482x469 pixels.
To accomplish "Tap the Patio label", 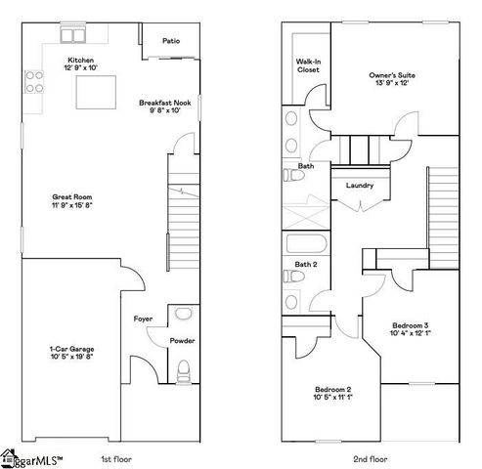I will pos(171,41).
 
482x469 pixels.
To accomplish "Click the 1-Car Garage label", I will pos(72,353).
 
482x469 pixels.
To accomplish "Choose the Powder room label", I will pos(182,341).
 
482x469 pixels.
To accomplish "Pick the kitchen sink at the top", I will pos(73,36).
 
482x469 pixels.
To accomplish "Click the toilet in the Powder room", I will pos(183,370).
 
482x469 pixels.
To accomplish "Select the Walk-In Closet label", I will pos(308,65).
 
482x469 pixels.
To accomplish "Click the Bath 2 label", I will pos(306,265).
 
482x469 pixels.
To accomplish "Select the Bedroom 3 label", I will pos(411,329).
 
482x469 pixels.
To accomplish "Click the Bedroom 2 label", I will pos(331,394).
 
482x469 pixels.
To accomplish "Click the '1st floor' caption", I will pos(116,457).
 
